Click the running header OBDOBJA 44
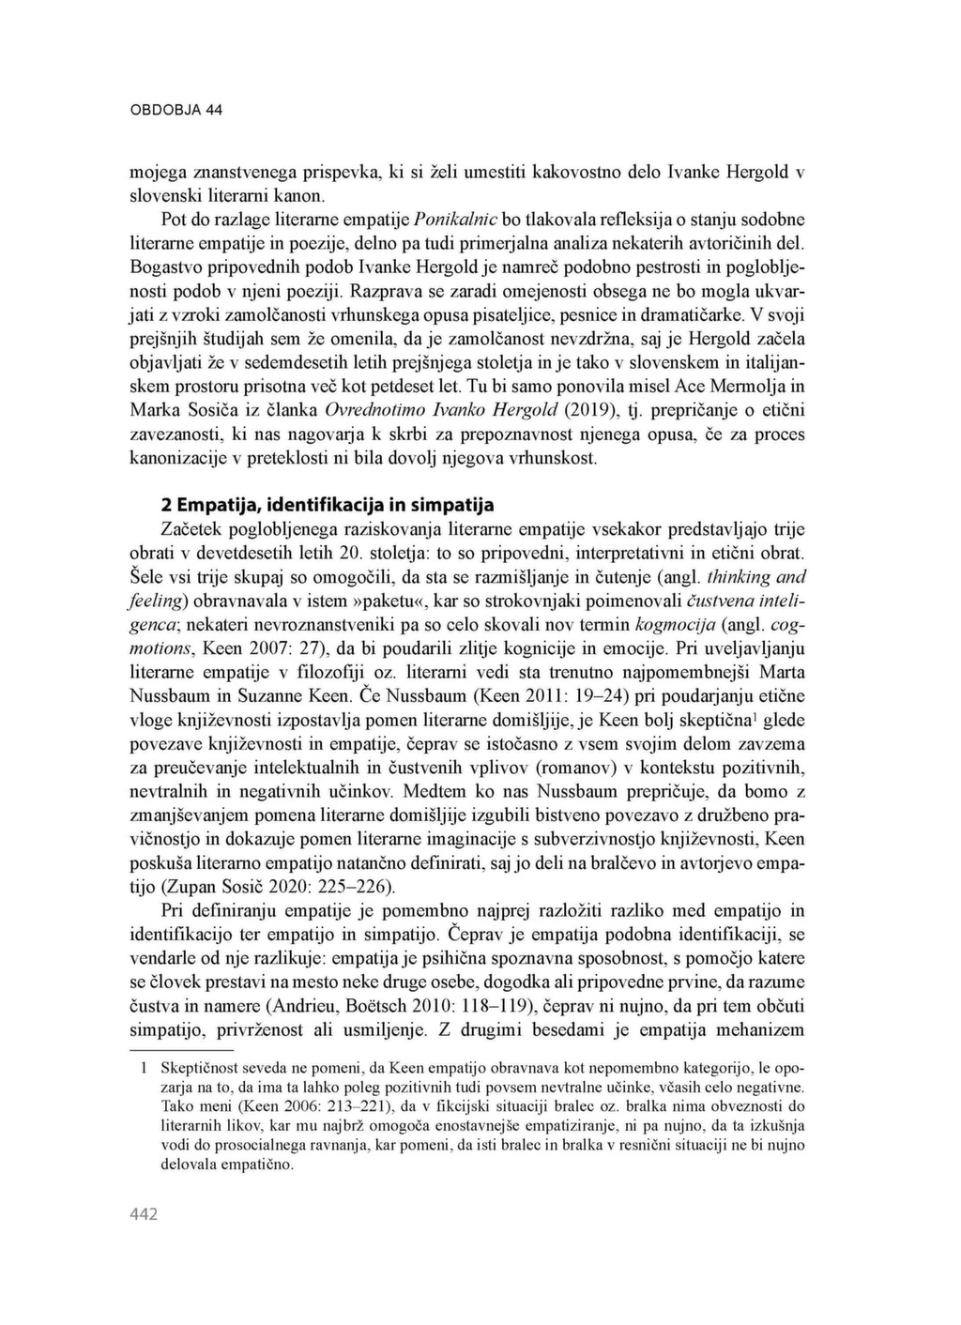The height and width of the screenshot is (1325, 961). pos(175,110)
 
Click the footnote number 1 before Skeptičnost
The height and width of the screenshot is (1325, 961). pos(144,1068)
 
